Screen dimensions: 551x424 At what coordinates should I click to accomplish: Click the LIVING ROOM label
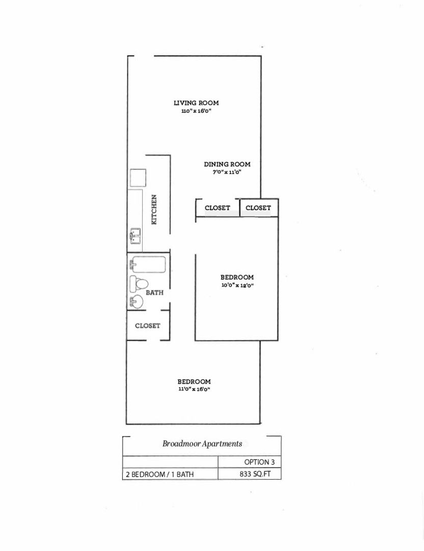(196, 103)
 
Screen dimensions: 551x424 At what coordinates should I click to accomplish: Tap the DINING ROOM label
(227, 164)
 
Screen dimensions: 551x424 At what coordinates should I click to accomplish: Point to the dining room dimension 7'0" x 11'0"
(227, 172)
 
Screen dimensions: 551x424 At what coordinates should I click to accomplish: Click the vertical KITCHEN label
(154, 209)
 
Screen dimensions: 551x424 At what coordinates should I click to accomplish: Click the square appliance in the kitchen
(138, 178)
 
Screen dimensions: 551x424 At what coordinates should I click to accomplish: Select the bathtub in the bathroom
(148, 265)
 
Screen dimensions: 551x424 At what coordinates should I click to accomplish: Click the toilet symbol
(139, 283)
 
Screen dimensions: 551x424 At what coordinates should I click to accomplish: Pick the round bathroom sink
(137, 302)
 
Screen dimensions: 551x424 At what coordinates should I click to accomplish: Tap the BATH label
(154, 293)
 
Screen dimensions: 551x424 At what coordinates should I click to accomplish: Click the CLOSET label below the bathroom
(147, 326)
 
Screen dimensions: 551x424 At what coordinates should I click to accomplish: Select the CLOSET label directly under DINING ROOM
(217, 208)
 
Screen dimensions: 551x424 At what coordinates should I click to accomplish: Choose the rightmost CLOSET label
(258, 208)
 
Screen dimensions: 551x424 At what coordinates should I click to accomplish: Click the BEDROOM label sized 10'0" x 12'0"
(237, 278)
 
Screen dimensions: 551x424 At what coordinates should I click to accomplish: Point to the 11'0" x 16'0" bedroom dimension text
(194, 390)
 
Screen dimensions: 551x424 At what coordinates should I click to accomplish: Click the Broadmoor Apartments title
(202, 444)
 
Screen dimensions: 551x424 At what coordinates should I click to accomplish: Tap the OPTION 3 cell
(259, 462)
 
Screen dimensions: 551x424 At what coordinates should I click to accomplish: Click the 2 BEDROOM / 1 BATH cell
(160, 474)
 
